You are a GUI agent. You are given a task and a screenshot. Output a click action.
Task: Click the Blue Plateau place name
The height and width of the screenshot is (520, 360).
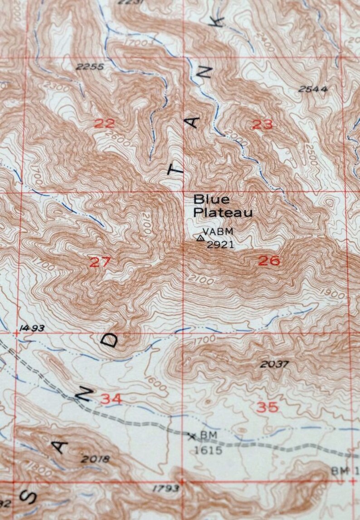tap(222, 205)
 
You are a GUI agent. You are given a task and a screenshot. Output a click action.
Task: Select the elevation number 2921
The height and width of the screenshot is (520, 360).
tap(220, 245)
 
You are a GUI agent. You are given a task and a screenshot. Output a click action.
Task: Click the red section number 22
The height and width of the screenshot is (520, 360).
tap(105, 123)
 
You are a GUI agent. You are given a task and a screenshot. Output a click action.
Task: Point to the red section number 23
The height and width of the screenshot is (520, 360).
tap(262, 124)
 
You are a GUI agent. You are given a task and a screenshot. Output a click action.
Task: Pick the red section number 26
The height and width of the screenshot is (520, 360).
tap(269, 260)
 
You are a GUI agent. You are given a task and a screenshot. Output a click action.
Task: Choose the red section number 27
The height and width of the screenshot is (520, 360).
tap(100, 262)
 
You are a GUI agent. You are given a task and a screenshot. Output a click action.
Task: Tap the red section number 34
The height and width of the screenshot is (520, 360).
tap(111, 399)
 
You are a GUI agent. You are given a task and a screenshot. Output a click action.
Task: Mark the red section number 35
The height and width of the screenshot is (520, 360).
tap(267, 407)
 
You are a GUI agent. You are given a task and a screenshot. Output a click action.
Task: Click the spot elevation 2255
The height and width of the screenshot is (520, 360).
tap(90, 67)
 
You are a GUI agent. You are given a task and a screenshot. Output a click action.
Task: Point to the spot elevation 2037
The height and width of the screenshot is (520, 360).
tap(275, 364)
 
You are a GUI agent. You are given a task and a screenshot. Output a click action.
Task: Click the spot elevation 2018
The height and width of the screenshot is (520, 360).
tap(95, 459)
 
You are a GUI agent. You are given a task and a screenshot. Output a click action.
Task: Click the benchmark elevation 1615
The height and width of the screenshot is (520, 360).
tap(208, 450)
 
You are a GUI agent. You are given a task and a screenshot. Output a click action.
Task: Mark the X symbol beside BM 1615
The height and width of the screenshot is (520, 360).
tap(192, 436)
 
